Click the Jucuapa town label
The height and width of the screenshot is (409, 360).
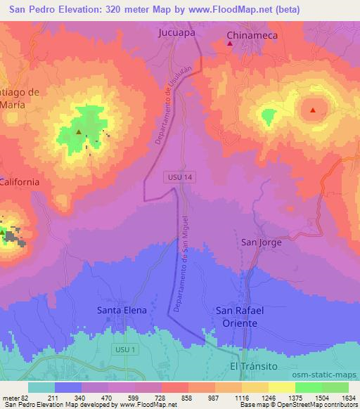point(175,32)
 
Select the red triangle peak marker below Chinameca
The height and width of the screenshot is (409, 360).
point(230,44)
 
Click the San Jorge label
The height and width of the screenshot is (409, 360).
point(261,242)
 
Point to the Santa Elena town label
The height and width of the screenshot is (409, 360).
point(122,309)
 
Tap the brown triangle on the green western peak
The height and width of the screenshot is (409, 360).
point(79,131)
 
